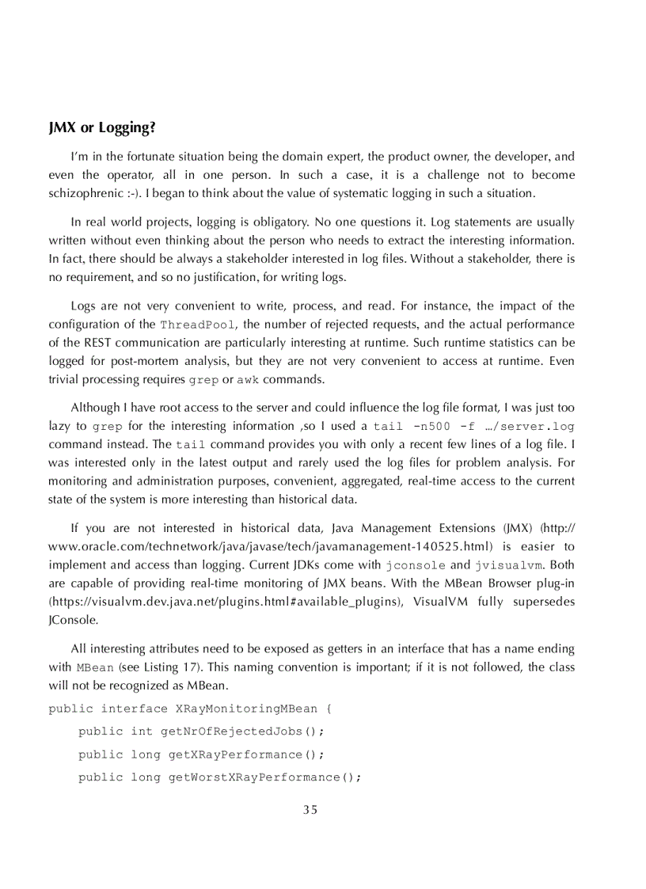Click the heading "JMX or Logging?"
point(101,128)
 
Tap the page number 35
point(310,809)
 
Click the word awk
point(248,380)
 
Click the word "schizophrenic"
point(85,193)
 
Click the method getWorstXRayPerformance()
point(264,777)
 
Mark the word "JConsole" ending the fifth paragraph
point(73,620)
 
